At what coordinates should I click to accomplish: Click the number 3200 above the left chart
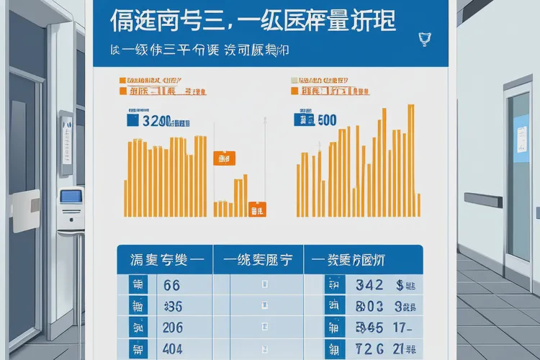click(156, 122)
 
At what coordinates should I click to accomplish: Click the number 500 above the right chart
click(326, 120)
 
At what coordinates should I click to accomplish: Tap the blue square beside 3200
click(133, 122)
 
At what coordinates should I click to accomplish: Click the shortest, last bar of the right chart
click(418, 204)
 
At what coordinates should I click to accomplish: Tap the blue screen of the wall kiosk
click(70, 196)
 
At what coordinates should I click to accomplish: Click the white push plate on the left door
click(25, 210)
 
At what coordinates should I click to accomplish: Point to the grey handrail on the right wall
click(483, 200)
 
